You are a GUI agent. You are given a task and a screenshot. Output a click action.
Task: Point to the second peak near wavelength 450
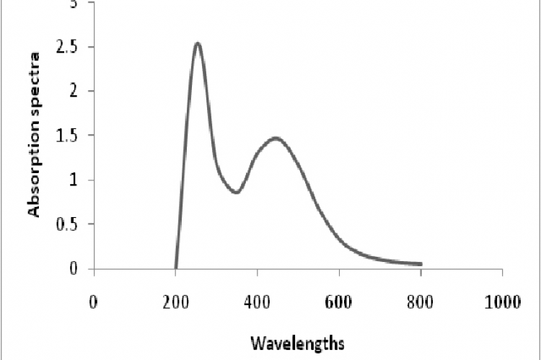point(276,138)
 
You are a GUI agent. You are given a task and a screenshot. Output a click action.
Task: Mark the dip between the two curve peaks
point(236,193)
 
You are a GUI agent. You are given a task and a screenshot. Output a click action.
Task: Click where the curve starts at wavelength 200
point(176,268)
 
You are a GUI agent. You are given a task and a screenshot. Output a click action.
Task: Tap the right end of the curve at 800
point(421,264)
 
